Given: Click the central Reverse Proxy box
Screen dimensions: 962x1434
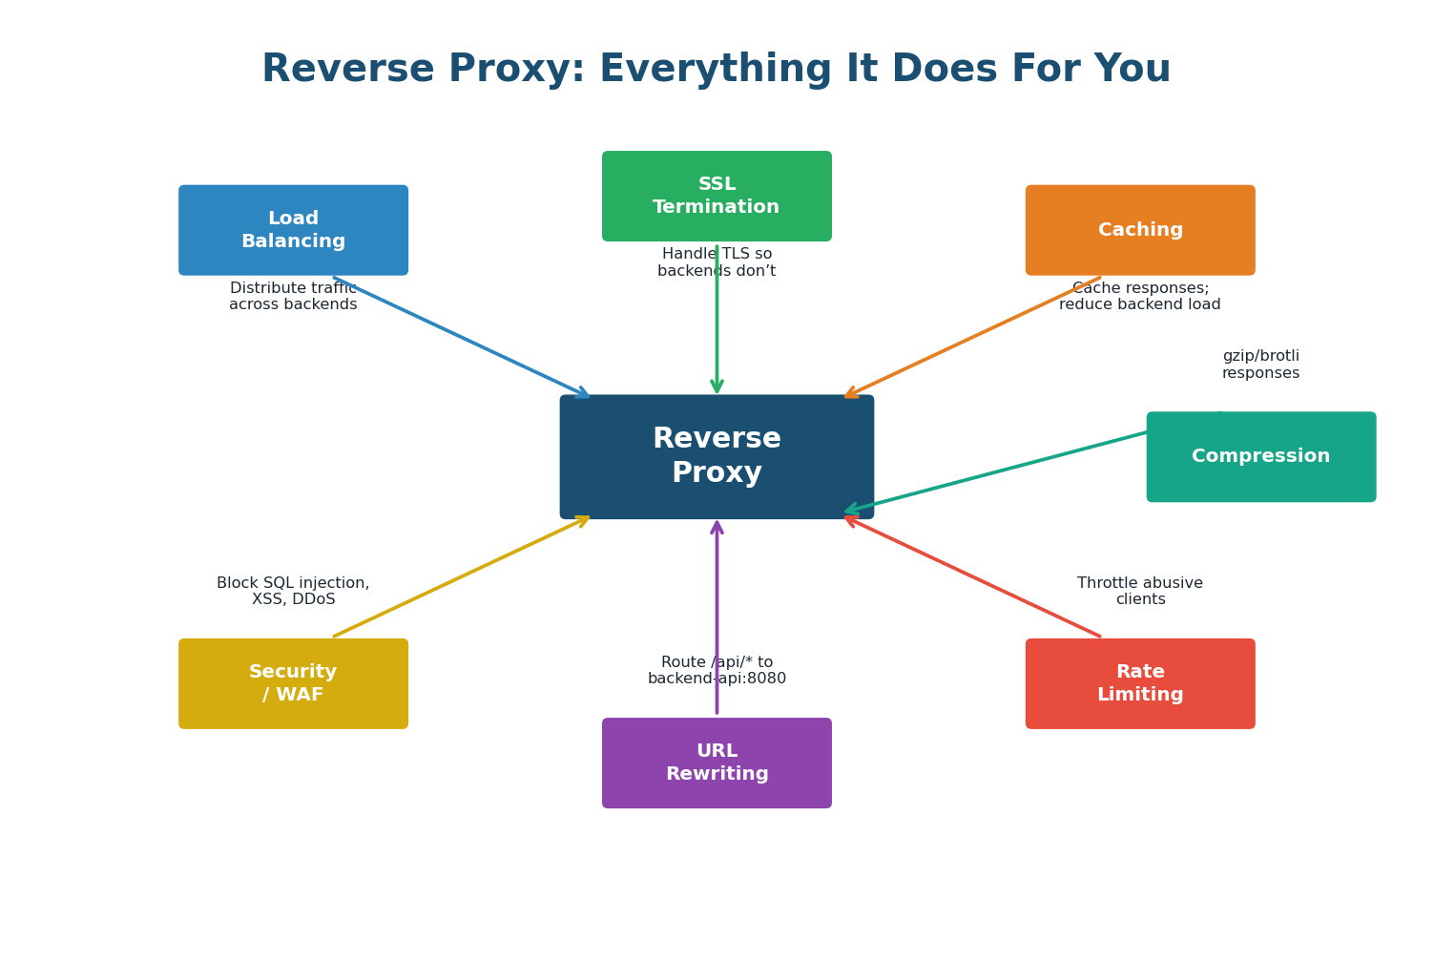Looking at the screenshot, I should point(717,456).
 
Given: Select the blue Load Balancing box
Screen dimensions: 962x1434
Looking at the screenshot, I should point(293,230).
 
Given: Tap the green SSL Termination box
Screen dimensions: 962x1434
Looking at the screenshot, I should point(717,196).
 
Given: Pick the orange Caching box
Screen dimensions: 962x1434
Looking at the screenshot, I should point(1140,230).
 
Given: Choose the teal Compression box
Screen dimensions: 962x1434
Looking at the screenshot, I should point(1260,456).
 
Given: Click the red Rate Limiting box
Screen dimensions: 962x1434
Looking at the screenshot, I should point(1140,683).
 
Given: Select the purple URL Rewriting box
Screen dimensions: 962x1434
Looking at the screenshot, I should point(717,763).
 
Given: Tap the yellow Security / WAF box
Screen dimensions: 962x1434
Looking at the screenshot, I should point(293,683).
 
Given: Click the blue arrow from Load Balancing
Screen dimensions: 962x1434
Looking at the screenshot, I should point(462,338).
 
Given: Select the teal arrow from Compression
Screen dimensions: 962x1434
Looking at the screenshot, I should point(997,471).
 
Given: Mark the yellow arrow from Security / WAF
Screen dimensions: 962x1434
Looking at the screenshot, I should point(462,576).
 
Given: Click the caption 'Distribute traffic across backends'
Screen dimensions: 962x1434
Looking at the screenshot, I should point(293,297).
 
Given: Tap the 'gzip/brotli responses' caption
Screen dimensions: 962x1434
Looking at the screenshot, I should point(1260,365).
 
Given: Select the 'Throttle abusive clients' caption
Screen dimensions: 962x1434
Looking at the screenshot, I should point(1140,591).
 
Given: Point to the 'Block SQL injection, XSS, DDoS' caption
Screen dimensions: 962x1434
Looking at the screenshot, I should point(293,591).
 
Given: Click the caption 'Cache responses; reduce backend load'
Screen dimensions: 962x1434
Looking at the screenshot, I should point(1140,297).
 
